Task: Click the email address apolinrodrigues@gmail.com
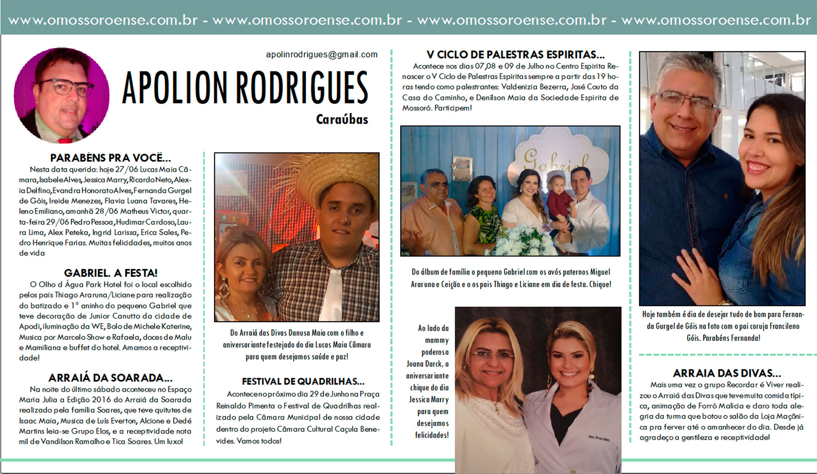click(321, 55)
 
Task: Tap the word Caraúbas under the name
click(342, 120)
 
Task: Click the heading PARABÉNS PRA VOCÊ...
click(110, 158)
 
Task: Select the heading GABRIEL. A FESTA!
click(110, 273)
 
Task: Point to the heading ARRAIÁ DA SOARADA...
click(110, 378)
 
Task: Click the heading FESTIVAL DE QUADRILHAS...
click(303, 382)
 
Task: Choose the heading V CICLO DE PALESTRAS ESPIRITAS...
click(515, 55)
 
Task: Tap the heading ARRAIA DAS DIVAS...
click(727, 374)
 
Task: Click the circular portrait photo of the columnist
click(62, 95)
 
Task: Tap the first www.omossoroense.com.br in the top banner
click(103, 20)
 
